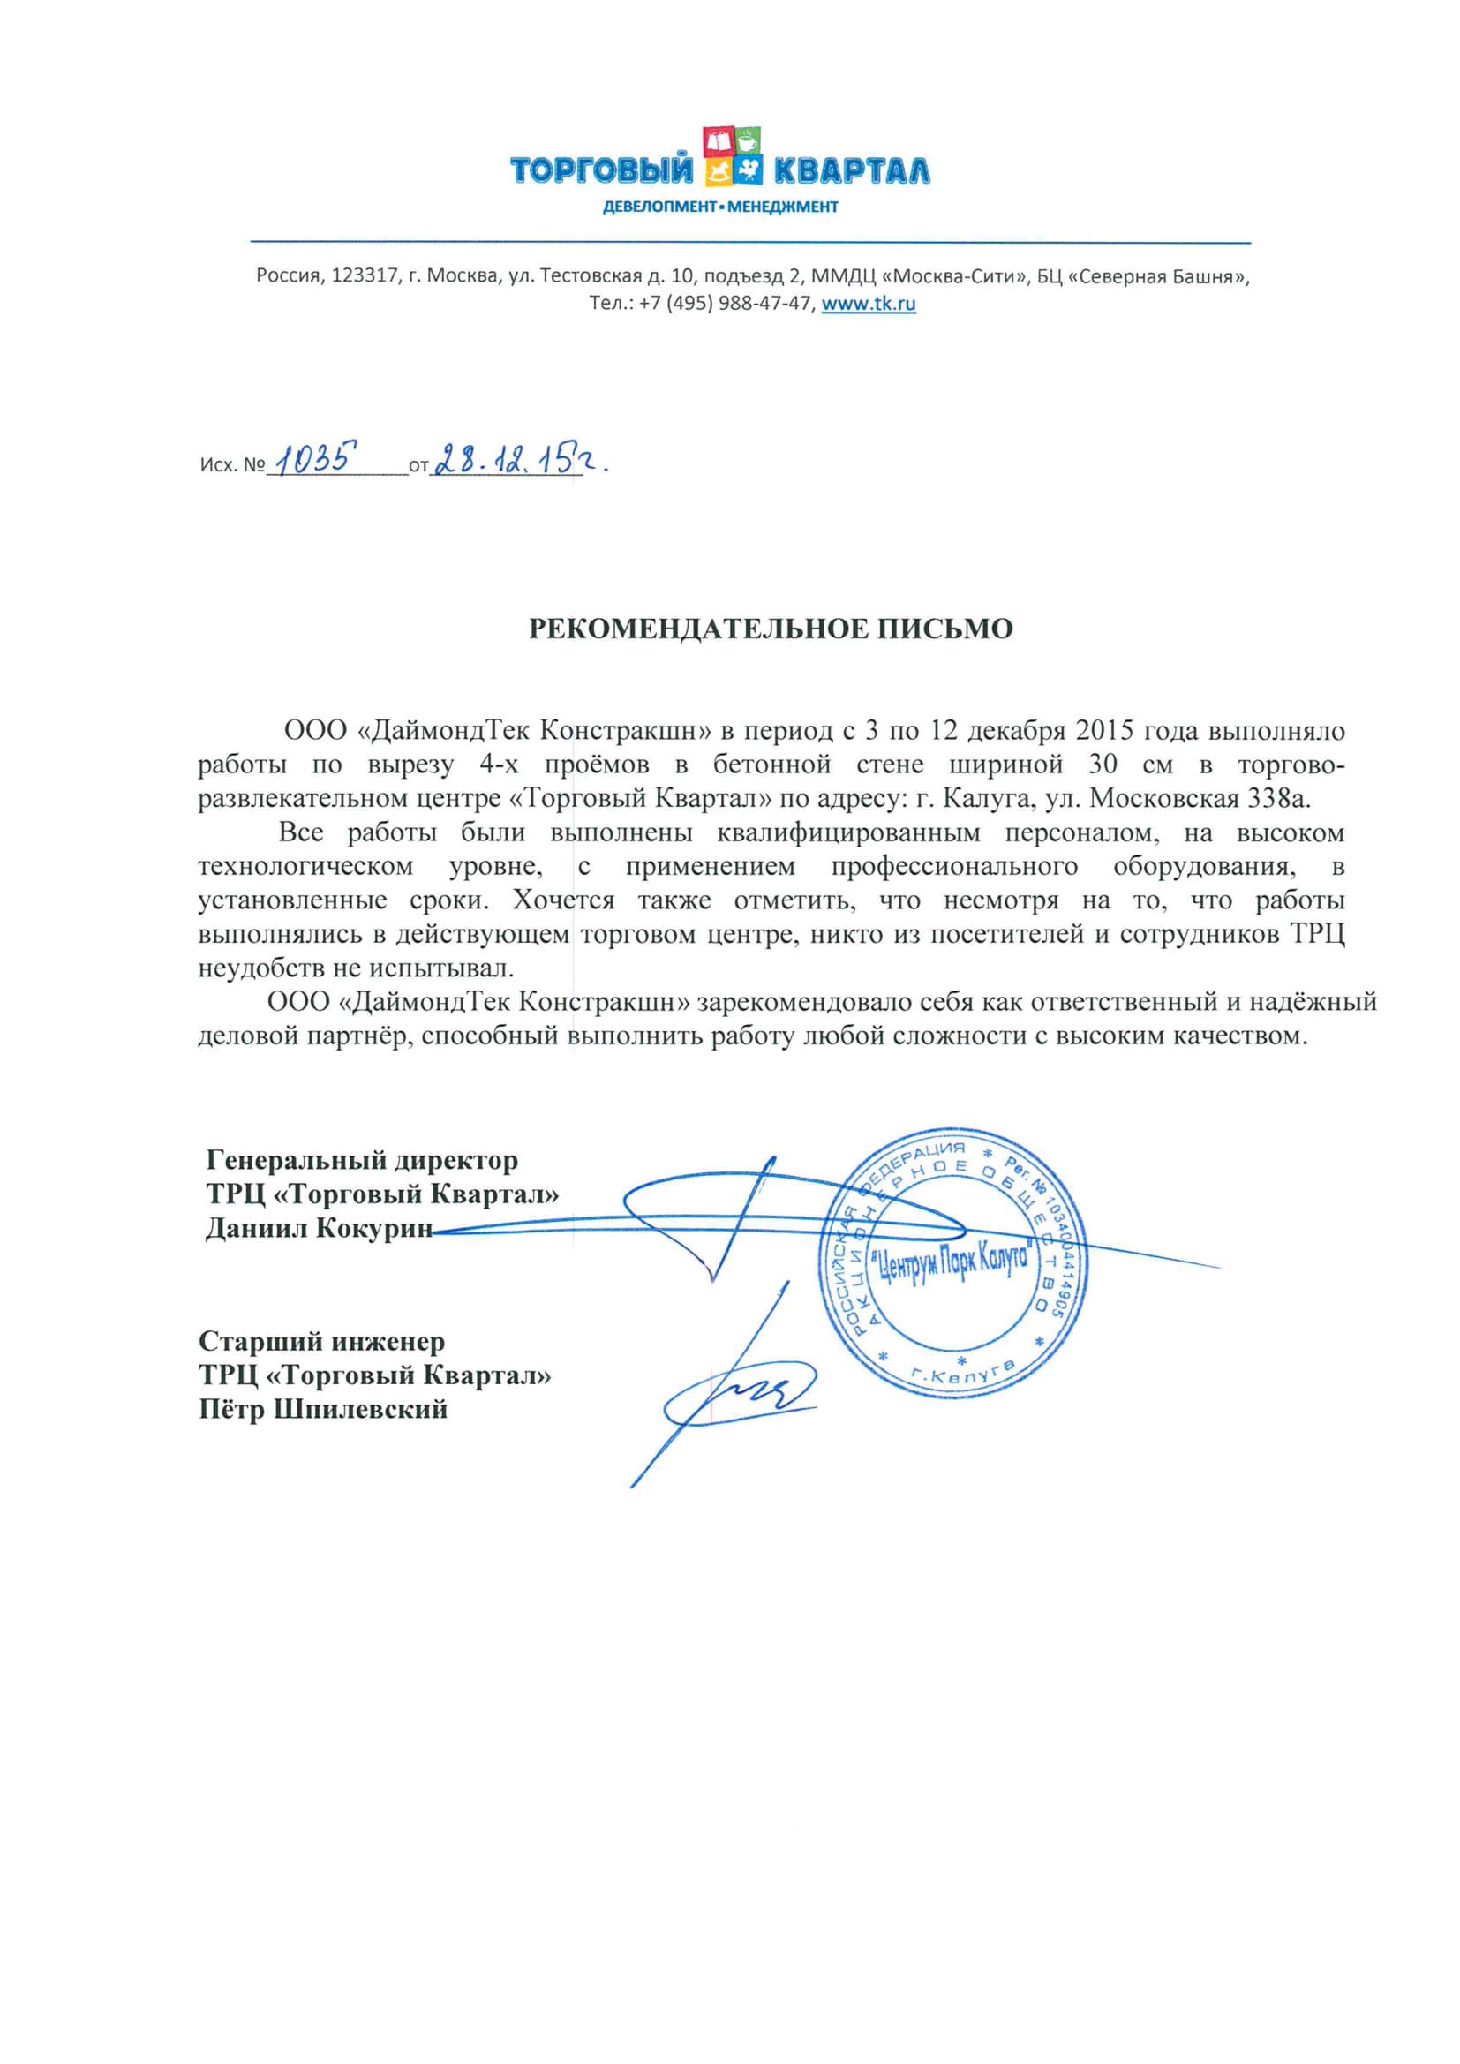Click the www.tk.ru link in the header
point(869,304)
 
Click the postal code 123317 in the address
point(365,276)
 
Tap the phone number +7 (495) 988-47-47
point(725,304)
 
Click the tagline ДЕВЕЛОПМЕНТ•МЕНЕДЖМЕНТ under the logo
point(720,207)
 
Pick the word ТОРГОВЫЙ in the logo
point(602,169)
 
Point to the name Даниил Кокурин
point(320,1228)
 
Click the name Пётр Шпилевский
point(324,1409)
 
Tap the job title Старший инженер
point(322,1341)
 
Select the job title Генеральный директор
point(362,1161)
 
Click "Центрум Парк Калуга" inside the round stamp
point(953,1268)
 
